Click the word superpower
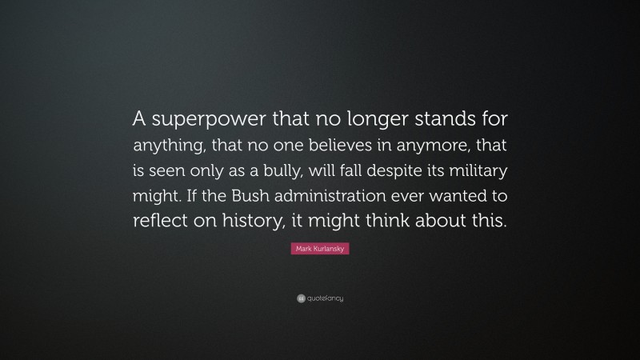tap(202, 120)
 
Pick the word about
tap(452, 222)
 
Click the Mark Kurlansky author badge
tap(320, 250)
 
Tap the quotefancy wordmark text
tap(325, 298)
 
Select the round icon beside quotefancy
tap(301, 298)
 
